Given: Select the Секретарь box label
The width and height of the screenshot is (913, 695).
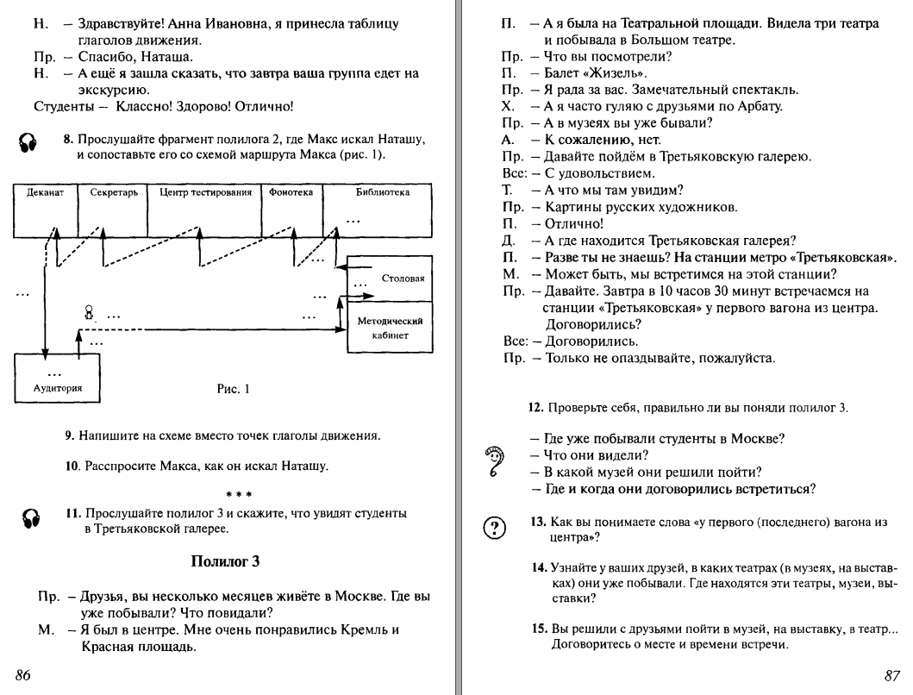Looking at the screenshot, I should tap(108, 192).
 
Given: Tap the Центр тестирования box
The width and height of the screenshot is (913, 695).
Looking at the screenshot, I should tap(199, 192).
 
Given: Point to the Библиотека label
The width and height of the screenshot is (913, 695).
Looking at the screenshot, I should tap(382, 192).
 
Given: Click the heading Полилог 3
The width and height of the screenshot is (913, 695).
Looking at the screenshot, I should tap(225, 562).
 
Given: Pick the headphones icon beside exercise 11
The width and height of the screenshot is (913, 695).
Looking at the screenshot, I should tap(31, 517).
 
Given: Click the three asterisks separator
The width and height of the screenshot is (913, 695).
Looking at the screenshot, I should tap(239, 494).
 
